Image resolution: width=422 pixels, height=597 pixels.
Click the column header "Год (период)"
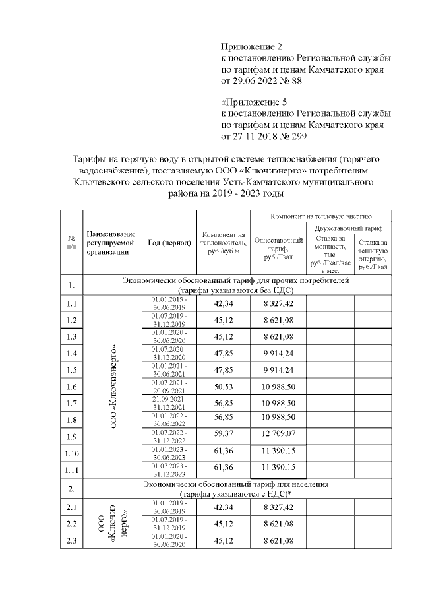(169, 242)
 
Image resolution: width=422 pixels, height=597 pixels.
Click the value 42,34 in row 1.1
(224, 304)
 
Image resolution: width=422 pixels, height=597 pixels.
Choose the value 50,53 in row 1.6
(224, 386)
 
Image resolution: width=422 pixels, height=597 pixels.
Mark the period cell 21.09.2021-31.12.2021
(169, 402)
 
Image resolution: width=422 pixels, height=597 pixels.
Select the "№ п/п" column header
(71, 242)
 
